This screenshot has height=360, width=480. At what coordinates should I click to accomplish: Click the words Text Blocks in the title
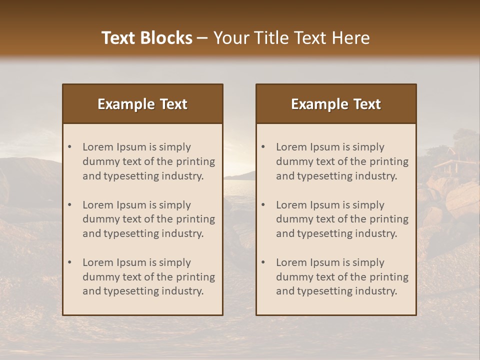coord(146,38)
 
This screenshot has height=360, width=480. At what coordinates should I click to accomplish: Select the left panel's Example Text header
coord(142,104)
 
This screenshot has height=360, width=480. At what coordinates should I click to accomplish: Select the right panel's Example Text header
coord(336,104)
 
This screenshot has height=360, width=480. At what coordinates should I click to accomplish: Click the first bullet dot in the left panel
coord(70,147)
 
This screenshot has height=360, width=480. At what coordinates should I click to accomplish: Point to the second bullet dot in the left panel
coord(70,205)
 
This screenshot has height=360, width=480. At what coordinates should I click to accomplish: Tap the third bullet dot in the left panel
coord(70,262)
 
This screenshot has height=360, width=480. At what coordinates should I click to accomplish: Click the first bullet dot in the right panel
coord(263,147)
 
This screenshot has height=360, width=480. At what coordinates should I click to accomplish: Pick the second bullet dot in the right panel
coord(263,205)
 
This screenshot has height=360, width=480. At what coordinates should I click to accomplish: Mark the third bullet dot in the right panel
coord(263,262)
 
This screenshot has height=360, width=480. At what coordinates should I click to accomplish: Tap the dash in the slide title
coord(202,38)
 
